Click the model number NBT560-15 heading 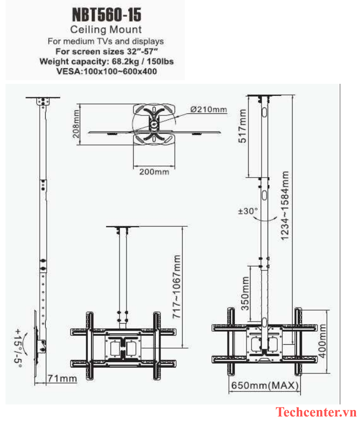coord(106,15)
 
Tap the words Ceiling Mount coord(106,30)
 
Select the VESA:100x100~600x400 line coord(106,72)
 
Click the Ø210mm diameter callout coord(209,109)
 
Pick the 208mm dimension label coord(76,124)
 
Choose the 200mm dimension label coord(154,172)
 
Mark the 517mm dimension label coord(243,126)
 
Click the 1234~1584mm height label coord(285,206)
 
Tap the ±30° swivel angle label coord(248,211)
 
